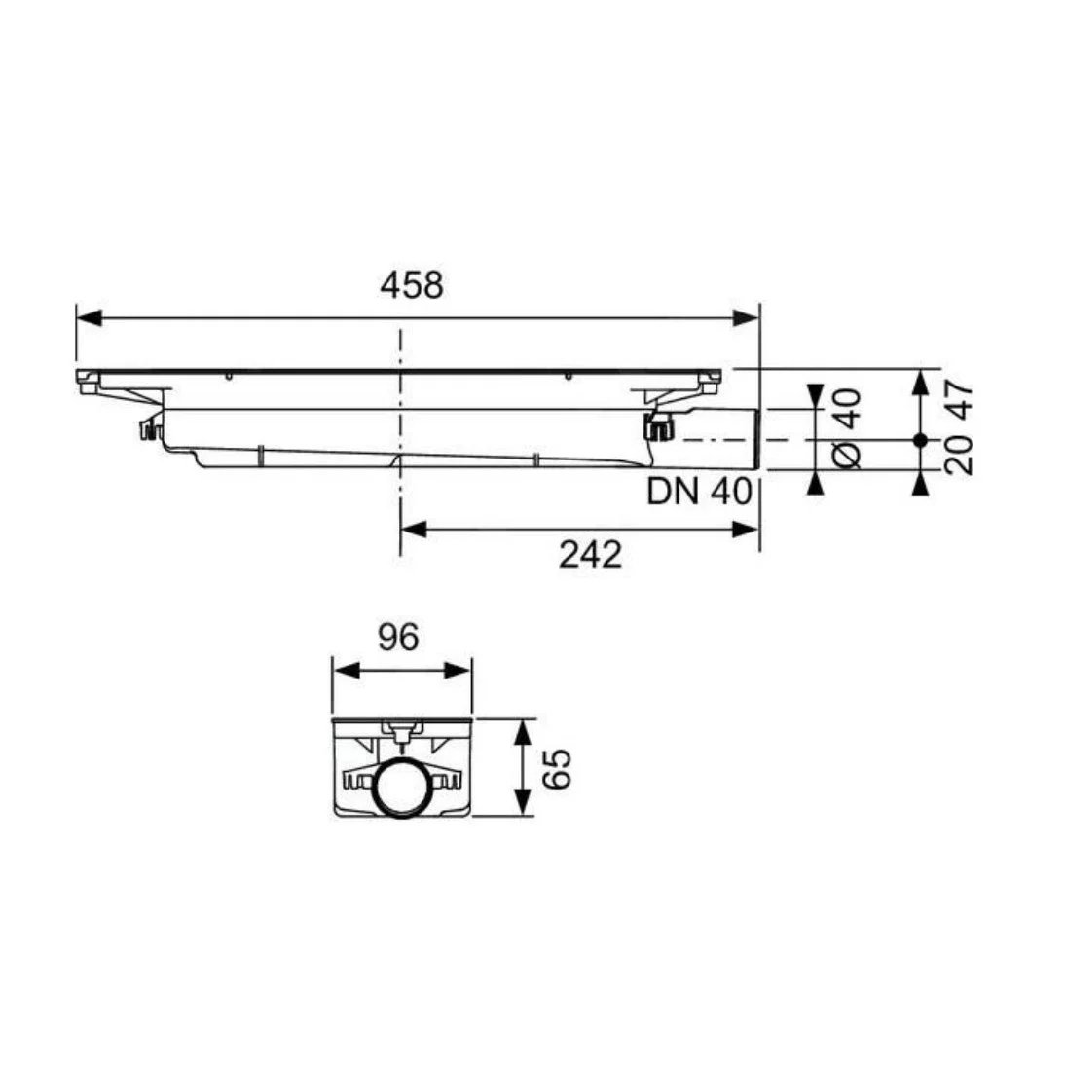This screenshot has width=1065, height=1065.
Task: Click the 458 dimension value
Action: [412, 285]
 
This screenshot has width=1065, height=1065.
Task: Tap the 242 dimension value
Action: [590, 555]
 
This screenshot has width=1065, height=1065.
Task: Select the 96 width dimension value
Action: [399, 637]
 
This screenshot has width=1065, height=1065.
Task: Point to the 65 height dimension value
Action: [558, 769]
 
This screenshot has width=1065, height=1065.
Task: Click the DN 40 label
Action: [699, 491]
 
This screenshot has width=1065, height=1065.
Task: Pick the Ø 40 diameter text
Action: [847, 428]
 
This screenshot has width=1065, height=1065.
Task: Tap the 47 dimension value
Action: [959, 401]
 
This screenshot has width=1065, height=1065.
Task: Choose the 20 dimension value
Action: [959, 455]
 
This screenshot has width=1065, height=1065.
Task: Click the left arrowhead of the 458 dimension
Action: [89, 317]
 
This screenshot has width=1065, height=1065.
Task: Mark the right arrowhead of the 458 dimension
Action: [746, 317]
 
